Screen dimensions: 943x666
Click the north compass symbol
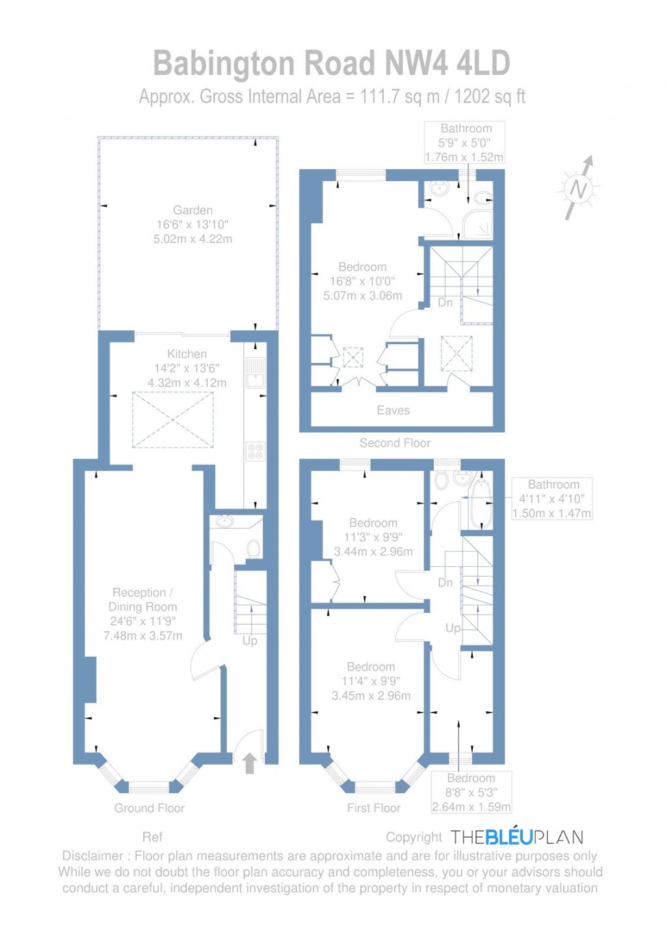tap(578, 189)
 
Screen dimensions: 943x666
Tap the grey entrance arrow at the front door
tap(249, 763)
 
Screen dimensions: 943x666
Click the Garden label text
tap(193, 210)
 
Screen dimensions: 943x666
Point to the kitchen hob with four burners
tap(256, 451)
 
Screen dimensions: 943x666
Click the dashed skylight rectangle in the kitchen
tap(172, 420)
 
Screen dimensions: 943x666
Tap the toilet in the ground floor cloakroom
tap(253, 549)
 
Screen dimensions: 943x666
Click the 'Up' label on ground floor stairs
tap(250, 641)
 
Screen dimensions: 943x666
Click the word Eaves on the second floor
tap(393, 411)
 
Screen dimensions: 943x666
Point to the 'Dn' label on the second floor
tap(445, 303)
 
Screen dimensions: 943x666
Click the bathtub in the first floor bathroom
tap(480, 504)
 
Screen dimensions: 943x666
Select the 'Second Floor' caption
tap(395, 443)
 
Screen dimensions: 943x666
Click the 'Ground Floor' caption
tap(150, 808)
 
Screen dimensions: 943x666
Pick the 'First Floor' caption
tap(373, 808)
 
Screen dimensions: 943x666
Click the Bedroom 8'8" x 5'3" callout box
tap(471, 793)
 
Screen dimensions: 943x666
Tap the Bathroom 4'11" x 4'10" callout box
tap(553, 499)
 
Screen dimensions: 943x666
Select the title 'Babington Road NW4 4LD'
tap(332, 64)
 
